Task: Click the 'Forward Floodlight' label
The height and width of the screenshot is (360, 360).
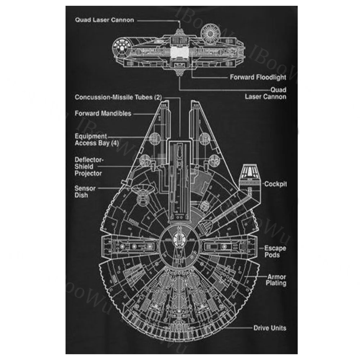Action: [x=258, y=77]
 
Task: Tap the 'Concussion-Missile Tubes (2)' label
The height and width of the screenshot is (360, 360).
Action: [x=118, y=97]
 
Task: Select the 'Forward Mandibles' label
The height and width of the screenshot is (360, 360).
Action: [x=103, y=113]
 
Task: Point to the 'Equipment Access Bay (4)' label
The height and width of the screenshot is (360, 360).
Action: [x=96, y=140]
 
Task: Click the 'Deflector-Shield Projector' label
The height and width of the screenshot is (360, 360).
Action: [x=89, y=166]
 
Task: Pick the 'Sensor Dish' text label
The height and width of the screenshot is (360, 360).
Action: [x=85, y=192]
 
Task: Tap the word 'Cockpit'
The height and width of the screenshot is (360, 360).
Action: [x=275, y=184]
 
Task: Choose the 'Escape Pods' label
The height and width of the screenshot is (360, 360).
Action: [x=275, y=251]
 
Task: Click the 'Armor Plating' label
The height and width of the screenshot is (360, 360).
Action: [x=276, y=280]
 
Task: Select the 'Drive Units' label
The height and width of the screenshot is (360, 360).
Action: [x=270, y=328]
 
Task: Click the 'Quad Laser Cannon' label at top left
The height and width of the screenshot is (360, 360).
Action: [x=104, y=20]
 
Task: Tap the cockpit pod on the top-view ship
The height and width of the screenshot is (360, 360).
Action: [x=250, y=177]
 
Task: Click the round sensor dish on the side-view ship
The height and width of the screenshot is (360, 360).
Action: [x=210, y=34]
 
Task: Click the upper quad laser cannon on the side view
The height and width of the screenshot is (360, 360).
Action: [x=179, y=32]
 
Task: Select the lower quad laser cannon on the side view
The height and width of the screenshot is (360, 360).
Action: [x=179, y=73]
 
